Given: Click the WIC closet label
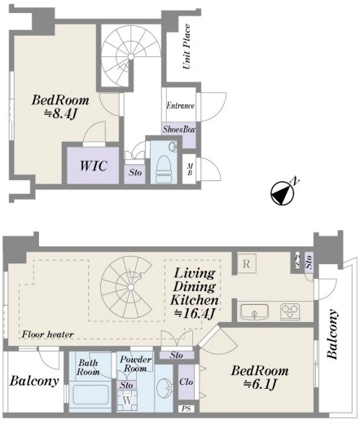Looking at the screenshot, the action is click(x=93, y=166).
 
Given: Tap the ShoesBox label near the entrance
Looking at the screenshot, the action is click(x=179, y=129).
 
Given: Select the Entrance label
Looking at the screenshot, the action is click(x=180, y=105).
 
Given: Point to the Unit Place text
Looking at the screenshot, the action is click(x=187, y=46).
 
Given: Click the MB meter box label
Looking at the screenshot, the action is click(x=190, y=170).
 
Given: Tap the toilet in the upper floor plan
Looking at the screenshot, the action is click(x=164, y=169).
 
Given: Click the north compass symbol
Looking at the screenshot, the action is click(x=283, y=192).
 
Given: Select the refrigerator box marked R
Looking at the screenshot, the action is click(x=247, y=263).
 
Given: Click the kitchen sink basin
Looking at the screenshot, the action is click(x=254, y=312).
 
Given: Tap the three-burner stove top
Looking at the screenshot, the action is click(x=290, y=311).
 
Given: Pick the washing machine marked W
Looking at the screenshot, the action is click(x=127, y=400).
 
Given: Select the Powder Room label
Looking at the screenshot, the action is click(x=135, y=364).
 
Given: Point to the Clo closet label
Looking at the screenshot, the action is click(x=186, y=382).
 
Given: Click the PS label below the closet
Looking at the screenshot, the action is click(x=187, y=409).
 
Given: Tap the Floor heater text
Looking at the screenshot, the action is click(x=48, y=334).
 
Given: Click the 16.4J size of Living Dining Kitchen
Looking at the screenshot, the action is click(x=195, y=313).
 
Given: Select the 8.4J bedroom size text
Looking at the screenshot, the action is click(x=60, y=113).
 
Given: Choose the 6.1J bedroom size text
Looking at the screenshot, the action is click(x=260, y=384).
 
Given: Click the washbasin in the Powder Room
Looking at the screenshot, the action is click(x=164, y=386).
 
